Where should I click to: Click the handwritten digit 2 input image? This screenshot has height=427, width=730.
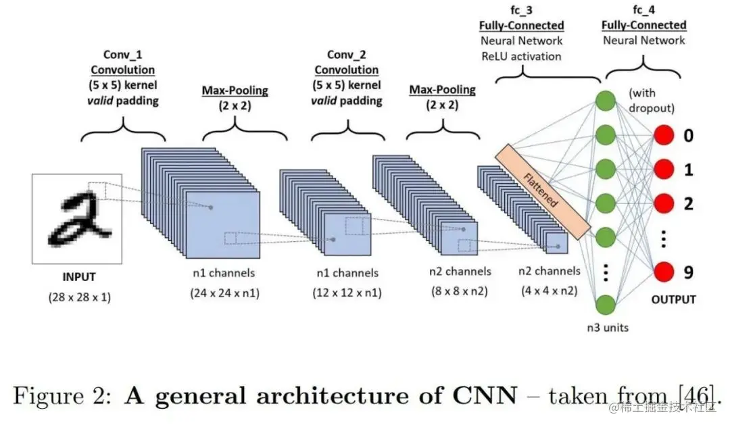point(76,218)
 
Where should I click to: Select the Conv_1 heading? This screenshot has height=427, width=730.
point(122,55)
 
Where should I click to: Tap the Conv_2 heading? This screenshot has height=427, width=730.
point(347,55)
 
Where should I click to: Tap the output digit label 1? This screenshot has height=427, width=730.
point(688,170)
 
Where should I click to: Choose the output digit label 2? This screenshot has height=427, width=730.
point(688,203)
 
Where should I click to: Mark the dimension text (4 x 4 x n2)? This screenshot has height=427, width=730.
point(549,292)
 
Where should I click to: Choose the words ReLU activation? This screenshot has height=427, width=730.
point(521,56)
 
